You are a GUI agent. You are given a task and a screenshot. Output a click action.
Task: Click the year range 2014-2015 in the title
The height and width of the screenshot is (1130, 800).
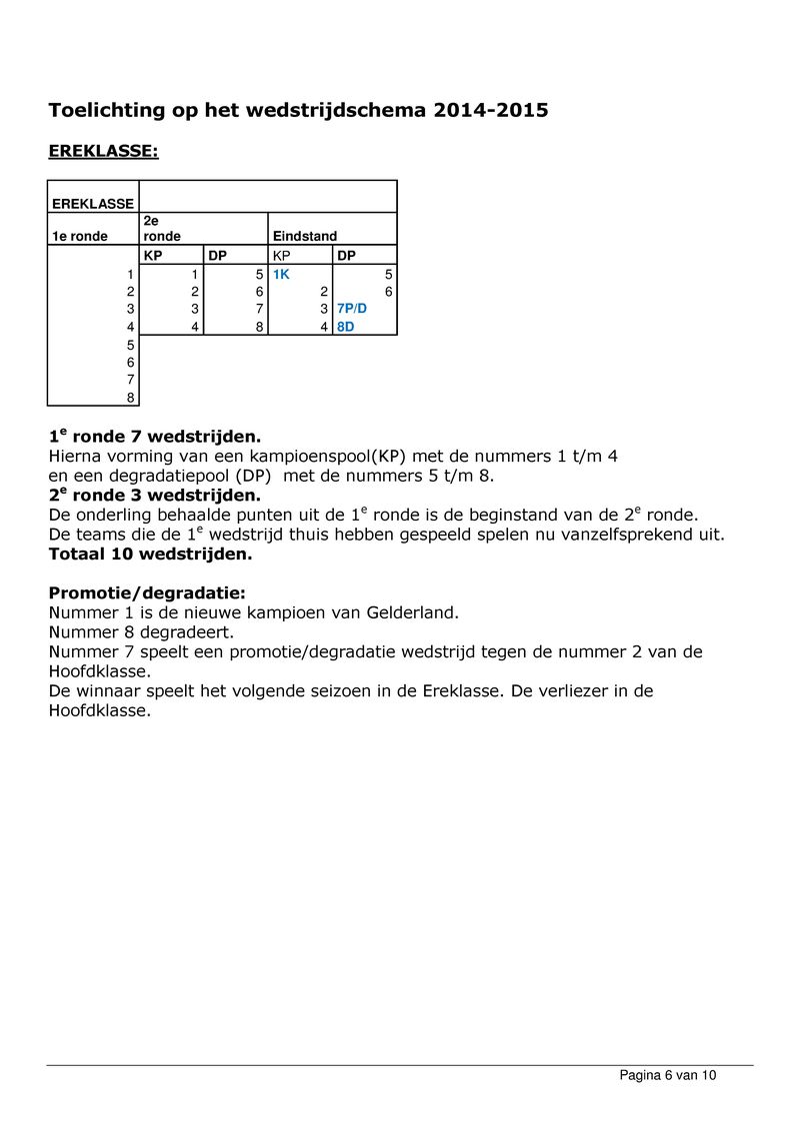click(491, 110)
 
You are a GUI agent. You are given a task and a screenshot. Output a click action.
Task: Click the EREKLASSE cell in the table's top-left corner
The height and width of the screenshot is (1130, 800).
click(92, 204)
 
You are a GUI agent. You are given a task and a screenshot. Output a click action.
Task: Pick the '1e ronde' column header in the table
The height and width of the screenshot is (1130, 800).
click(80, 237)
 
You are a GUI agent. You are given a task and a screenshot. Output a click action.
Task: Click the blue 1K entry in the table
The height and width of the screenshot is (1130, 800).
click(281, 274)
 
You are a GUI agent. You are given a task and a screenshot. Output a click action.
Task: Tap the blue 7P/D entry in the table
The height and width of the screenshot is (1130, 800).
click(352, 309)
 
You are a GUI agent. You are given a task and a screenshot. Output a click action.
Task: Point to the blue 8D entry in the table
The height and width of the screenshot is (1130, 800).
click(346, 326)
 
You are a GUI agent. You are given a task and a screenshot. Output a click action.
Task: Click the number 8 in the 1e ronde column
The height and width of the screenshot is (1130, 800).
click(129, 397)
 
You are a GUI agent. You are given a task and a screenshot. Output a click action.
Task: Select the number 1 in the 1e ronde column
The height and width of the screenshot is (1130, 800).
click(129, 274)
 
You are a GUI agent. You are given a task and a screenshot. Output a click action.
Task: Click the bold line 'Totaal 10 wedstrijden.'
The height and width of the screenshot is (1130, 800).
click(151, 554)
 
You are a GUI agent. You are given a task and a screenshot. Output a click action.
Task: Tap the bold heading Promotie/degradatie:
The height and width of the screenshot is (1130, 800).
click(140, 592)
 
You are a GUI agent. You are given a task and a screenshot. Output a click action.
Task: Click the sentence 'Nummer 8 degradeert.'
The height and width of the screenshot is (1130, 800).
click(141, 632)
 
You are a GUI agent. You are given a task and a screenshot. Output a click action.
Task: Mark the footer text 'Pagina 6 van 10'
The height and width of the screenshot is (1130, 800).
click(668, 1075)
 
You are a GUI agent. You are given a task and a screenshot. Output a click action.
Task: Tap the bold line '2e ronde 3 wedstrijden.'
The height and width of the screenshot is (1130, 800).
click(155, 496)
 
